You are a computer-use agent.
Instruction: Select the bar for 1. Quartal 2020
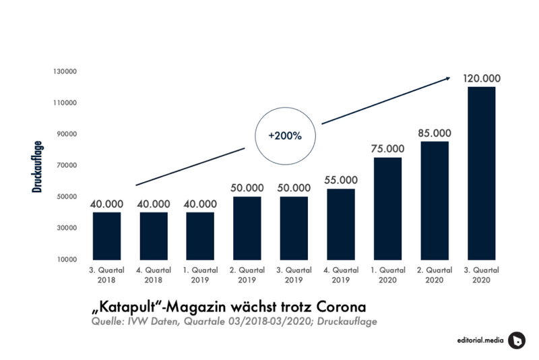click(x=387, y=208)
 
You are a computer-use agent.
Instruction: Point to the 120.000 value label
click(x=481, y=78)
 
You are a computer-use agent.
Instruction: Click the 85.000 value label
click(x=435, y=133)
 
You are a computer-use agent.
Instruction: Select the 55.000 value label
click(x=340, y=180)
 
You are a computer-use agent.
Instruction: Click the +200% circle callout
click(x=284, y=136)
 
